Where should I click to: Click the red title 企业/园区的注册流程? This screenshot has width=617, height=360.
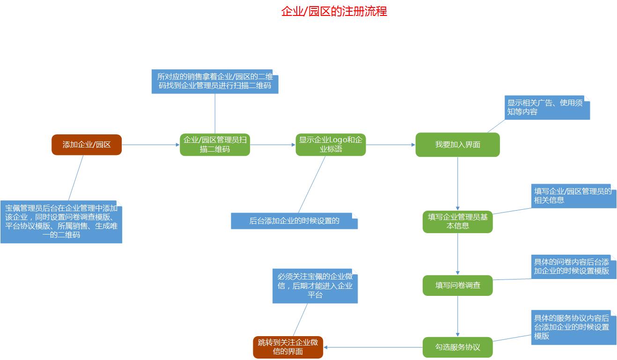(x=334, y=11)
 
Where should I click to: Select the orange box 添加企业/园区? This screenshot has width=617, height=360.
(x=87, y=145)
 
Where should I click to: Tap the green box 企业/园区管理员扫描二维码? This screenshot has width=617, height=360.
(x=215, y=145)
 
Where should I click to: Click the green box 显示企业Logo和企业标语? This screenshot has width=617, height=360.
(x=331, y=145)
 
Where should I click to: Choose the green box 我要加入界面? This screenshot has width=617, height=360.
(x=457, y=145)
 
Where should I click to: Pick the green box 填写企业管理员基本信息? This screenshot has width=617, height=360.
(x=457, y=221)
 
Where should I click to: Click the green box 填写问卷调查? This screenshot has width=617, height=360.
(x=457, y=285)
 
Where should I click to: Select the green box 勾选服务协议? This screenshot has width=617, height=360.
(x=457, y=347)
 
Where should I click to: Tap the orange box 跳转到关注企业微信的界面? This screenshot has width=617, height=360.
(x=288, y=347)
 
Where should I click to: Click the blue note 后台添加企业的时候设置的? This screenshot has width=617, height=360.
(x=294, y=221)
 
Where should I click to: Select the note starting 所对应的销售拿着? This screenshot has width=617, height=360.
(x=215, y=81)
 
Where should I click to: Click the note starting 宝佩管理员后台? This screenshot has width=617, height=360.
(x=61, y=221)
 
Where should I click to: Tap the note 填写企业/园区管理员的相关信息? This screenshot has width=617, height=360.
(x=573, y=196)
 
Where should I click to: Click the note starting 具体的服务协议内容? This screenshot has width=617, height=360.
(x=573, y=327)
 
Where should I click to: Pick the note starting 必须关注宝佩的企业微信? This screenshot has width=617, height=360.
(x=315, y=286)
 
